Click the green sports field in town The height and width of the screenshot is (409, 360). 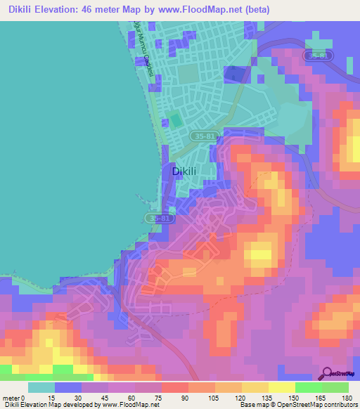pyautogui.click(x=175, y=120)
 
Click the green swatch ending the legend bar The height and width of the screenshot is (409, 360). pyautogui.click(x=335, y=387)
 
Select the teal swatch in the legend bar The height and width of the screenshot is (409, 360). pyautogui.click(x=41, y=387)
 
